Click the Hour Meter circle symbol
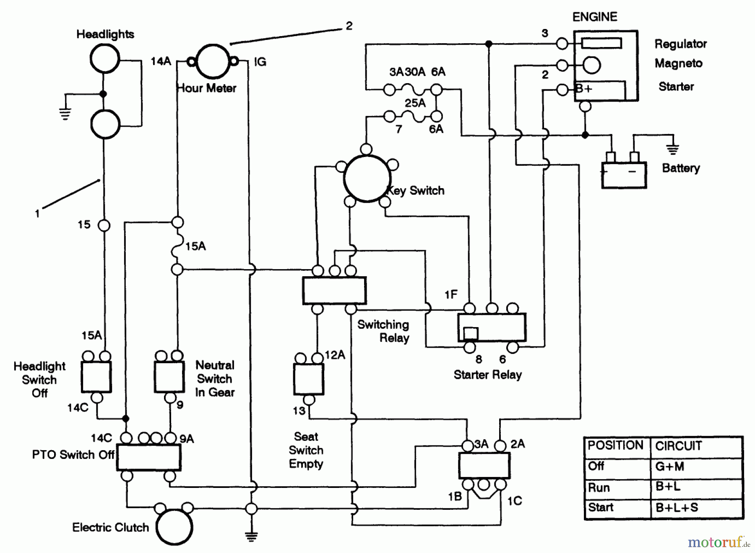point(213,62)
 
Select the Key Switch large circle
point(367,178)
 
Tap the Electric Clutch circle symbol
point(174,527)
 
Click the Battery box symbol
point(624,175)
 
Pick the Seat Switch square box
point(308,379)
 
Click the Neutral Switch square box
point(169,377)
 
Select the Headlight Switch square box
point(96,377)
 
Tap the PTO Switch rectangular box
point(148,457)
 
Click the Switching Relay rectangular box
point(334,290)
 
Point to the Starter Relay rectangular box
point(492,328)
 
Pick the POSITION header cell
point(615,446)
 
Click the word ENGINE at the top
point(595,17)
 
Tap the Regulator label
point(680,44)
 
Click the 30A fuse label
point(415,72)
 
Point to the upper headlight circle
point(105,58)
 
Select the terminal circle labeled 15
point(104,225)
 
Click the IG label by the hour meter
point(260,62)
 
